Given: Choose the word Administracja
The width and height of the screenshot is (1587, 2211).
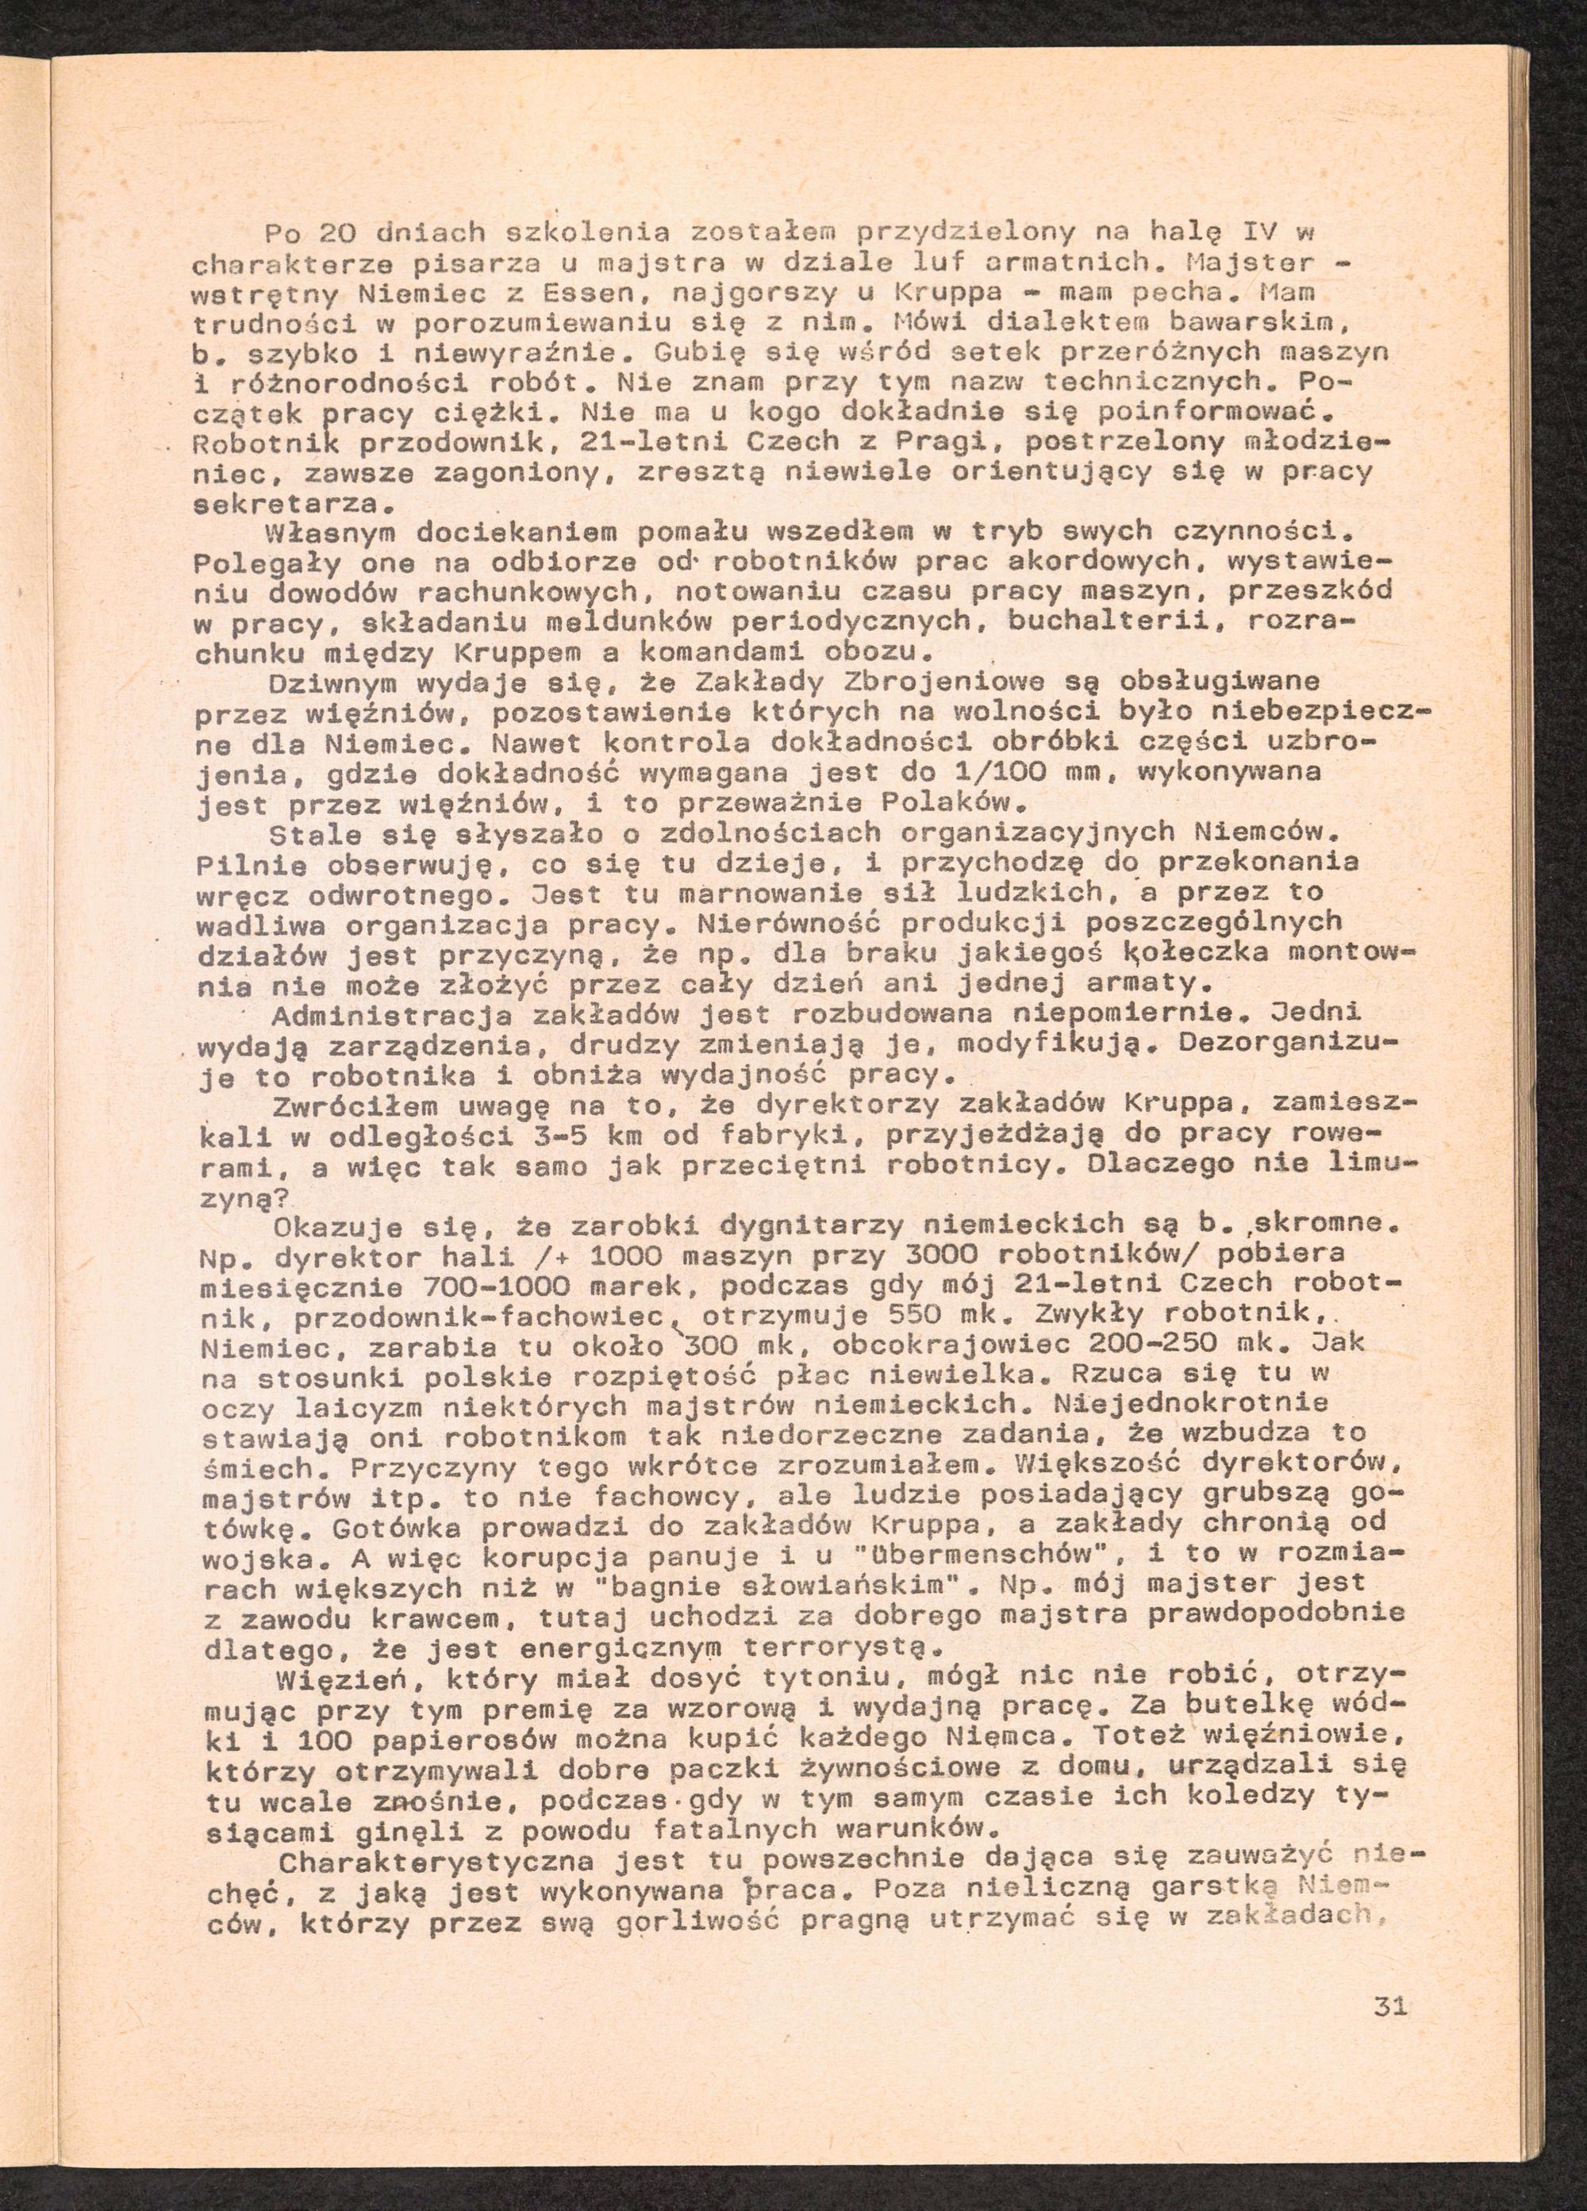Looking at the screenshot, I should coord(395,1015).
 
